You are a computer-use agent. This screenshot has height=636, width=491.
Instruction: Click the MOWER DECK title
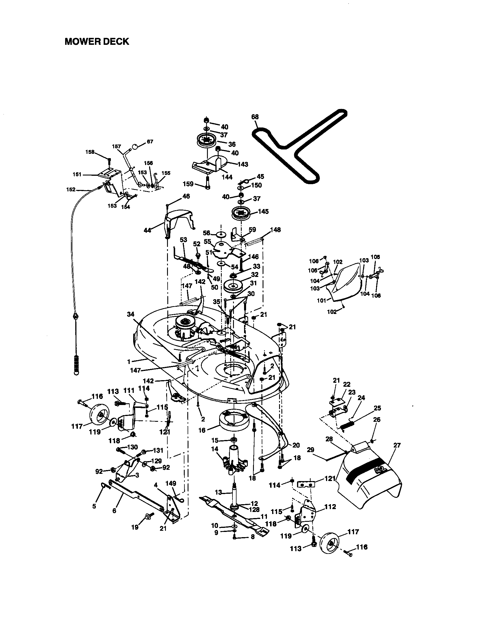96,42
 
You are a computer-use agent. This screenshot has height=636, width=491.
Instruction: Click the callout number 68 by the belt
255,117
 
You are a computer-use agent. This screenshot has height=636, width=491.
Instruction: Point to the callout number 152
71,190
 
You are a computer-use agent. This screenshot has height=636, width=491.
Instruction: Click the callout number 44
148,230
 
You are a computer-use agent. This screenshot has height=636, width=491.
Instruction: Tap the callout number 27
397,445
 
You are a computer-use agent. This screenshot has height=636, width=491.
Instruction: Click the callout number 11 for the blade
264,516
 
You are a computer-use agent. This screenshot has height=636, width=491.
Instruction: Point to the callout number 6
114,511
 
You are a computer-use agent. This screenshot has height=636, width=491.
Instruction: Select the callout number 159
188,184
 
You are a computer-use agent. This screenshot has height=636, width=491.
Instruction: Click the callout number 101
322,300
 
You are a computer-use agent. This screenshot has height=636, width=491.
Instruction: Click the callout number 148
275,230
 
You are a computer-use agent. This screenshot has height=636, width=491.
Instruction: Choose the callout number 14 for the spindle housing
215,449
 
